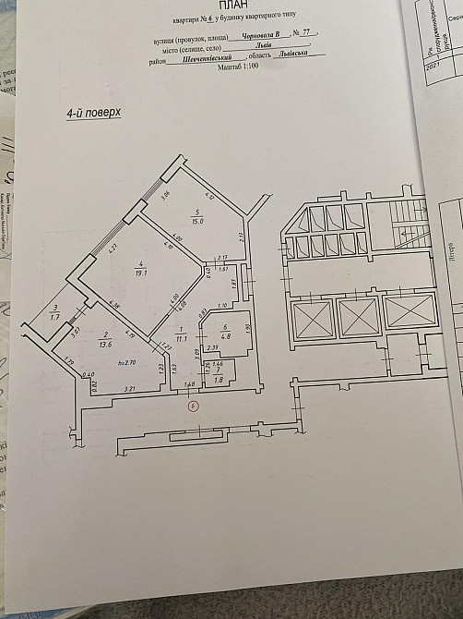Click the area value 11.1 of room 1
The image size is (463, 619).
(182, 339)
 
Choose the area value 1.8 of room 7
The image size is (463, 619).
(218, 379)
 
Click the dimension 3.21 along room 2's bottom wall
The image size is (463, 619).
(131, 391)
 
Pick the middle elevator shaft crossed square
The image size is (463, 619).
(357, 317)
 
